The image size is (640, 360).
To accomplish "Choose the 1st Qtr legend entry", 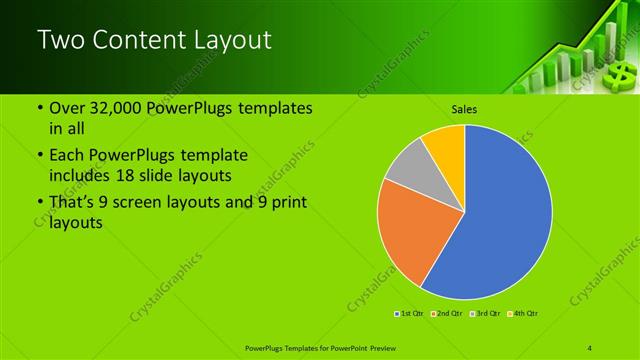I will (x=410, y=315).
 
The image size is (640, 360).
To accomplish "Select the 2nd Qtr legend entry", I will (x=446, y=315).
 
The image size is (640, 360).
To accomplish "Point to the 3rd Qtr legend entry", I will (x=485, y=315).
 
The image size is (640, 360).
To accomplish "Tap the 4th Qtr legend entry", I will (x=523, y=315).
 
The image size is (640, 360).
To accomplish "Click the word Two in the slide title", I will (x=61, y=41).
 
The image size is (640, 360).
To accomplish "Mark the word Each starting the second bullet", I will (x=68, y=156).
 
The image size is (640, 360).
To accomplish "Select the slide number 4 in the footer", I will (x=591, y=347).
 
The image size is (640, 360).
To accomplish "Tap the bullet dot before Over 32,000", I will (x=38, y=109).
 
